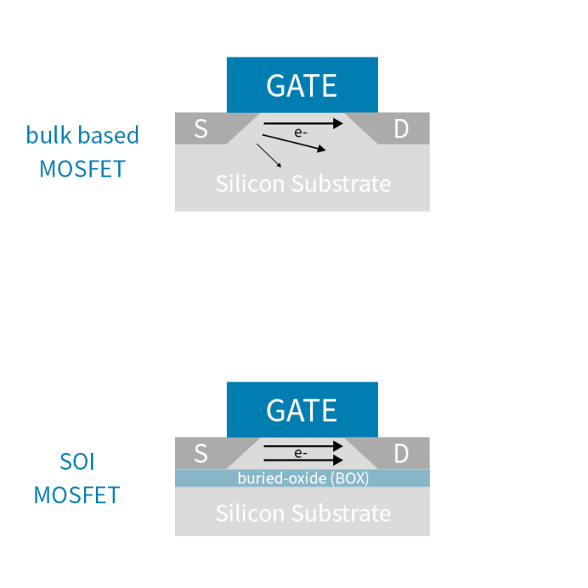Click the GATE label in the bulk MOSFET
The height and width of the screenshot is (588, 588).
(302, 85)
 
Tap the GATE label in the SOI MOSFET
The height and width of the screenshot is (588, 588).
(302, 411)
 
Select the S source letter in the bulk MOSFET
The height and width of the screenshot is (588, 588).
(201, 129)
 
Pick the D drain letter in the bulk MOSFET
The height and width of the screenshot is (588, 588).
(401, 129)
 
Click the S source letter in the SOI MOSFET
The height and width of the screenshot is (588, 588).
(201, 454)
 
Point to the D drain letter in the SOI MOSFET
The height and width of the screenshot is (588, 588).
(401, 454)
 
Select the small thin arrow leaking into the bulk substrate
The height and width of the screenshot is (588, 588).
(269, 155)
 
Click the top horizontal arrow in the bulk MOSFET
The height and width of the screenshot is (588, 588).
(304, 123)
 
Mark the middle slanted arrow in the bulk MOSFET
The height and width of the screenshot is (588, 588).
(294, 142)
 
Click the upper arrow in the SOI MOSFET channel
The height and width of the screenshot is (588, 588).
(304, 446)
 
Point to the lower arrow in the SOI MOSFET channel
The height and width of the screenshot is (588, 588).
(304, 460)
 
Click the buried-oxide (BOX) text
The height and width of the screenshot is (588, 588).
(303, 478)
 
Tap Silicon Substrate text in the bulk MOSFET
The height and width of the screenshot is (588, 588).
(303, 184)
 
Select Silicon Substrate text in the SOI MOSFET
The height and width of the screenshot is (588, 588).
(303, 512)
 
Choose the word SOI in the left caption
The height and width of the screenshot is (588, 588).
(77, 461)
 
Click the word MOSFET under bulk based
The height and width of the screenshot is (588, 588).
(82, 169)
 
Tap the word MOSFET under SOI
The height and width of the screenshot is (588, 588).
(77, 495)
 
